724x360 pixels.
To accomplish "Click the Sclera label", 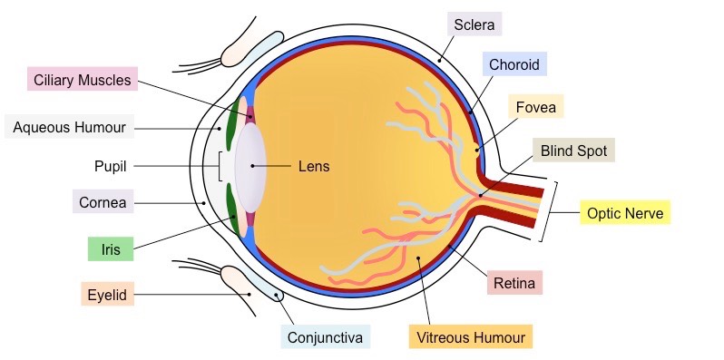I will (x=475, y=24).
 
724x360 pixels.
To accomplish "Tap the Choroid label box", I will (x=514, y=65).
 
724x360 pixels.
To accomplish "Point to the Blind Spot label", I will (x=573, y=151).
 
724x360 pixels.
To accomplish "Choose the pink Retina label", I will (x=514, y=283).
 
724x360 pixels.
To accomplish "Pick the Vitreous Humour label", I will (x=470, y=337).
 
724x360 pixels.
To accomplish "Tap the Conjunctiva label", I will (x=325, y=338).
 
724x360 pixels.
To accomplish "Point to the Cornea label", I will (x=103, y=202).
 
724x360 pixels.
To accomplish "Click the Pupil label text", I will (x=110, y=166).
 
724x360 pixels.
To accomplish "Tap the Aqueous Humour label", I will (x=69, y=127).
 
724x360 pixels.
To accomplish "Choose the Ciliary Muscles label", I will (x=83, y=81).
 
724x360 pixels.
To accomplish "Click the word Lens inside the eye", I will (x=314, y=166).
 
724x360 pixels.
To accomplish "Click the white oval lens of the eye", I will (x=250, y=166).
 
